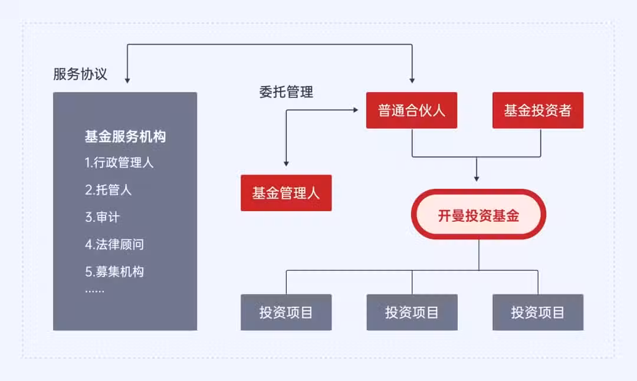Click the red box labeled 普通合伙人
(x=412, y=110)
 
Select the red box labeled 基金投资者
(x=538, y=110)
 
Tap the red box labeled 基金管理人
(x=286, y=193)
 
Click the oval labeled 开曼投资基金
(x=478, y=214)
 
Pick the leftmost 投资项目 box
(x=286, y=313)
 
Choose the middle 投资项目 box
(x=412, y=313)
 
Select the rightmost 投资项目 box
(x=538, y=313)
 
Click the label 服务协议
(x=80, y=74)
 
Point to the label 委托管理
(x=286, y=92)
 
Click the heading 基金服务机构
(x=125, y=136)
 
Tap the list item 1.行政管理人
(x=119, y=162)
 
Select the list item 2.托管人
(x=108, y=190)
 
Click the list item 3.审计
(x=103, y=217)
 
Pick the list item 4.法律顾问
(x=114, y=244)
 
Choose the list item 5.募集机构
(x=114, y=271)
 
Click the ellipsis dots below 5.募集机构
(x=94, y=291)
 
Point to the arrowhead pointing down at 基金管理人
(x=286, y=164)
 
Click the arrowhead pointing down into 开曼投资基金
(x=477, y=179)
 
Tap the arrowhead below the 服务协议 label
(x=127, y=80)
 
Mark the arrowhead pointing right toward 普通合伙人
(x=356, y=110)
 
